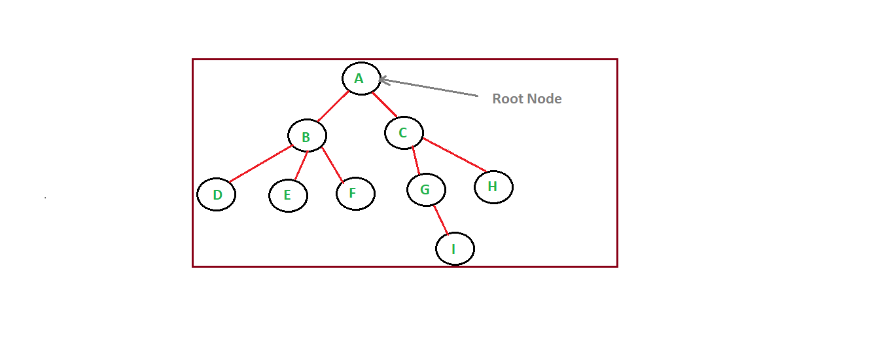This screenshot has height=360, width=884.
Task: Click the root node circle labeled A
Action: click(x=361, y=79)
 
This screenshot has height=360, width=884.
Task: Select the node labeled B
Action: click(x=307, y=136)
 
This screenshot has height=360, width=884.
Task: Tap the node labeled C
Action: click(x=404, y=133)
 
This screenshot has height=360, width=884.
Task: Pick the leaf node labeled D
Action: click(x=216, y=194)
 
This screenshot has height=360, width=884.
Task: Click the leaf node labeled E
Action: click(x=288, y=196)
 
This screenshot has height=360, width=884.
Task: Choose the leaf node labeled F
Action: click(x=355, y=194)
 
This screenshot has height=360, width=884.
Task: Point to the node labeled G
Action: click(x=426, y=190)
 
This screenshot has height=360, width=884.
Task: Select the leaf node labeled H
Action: click(x=493, y=187)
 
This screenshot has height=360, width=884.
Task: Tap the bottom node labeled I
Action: click(x=455, y=249)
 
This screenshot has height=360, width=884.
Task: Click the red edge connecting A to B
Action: click(x=333, y=107)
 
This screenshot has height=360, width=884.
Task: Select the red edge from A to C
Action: click(x=384, y=105)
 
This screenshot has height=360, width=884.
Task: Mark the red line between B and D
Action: click(x=259, y=164)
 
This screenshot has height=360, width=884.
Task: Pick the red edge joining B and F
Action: click(x=332, y=164)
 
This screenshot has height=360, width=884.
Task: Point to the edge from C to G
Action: click(x=415, y=161)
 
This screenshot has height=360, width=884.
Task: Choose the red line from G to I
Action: click(x=440, y=219)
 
